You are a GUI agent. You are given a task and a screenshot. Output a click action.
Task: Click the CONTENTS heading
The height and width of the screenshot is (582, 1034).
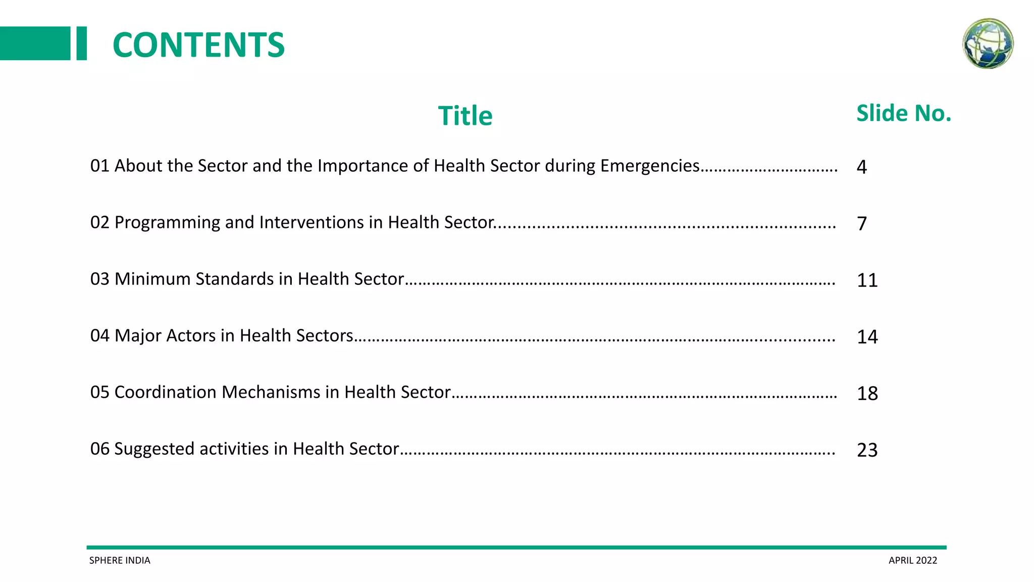coord(198,45)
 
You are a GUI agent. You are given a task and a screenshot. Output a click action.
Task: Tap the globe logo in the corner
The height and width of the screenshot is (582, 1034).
coord(988,43)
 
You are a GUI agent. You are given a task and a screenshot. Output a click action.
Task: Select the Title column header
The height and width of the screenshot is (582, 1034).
coord(465,116)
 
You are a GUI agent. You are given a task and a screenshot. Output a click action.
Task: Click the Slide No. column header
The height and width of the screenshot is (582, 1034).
coord(904,113)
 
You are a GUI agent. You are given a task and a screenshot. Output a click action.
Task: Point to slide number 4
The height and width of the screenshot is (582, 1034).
coord(862,167)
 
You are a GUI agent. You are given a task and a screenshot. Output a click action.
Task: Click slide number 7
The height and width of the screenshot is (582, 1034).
coord(862,224)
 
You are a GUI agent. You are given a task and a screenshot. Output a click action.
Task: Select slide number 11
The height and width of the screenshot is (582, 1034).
coord(867,280)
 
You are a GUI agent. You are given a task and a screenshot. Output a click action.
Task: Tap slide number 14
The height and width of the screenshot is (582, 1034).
coord(867,337)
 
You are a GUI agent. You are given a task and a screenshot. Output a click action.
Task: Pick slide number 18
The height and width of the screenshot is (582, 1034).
coord(867,394)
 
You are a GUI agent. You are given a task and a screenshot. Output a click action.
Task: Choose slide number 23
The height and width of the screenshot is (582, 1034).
coord(867,450)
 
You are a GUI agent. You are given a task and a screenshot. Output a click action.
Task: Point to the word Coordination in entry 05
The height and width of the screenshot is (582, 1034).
coord(166,392)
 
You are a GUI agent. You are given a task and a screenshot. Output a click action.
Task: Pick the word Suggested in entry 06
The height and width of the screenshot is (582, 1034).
coord(154,449)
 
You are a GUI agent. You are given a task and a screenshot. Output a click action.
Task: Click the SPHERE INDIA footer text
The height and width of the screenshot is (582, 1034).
coord(120,560)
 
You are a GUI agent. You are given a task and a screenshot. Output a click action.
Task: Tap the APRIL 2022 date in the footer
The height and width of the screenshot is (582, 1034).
coord(913,560)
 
